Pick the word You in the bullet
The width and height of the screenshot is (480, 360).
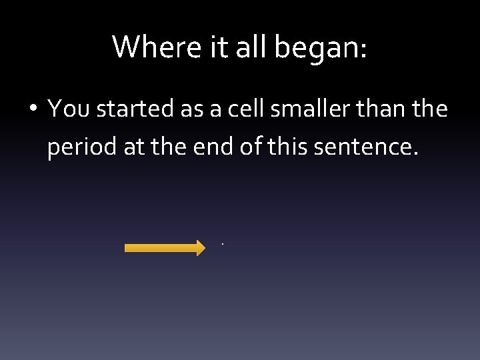coord(68,108)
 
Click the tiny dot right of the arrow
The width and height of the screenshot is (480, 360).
coord(223,244)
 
